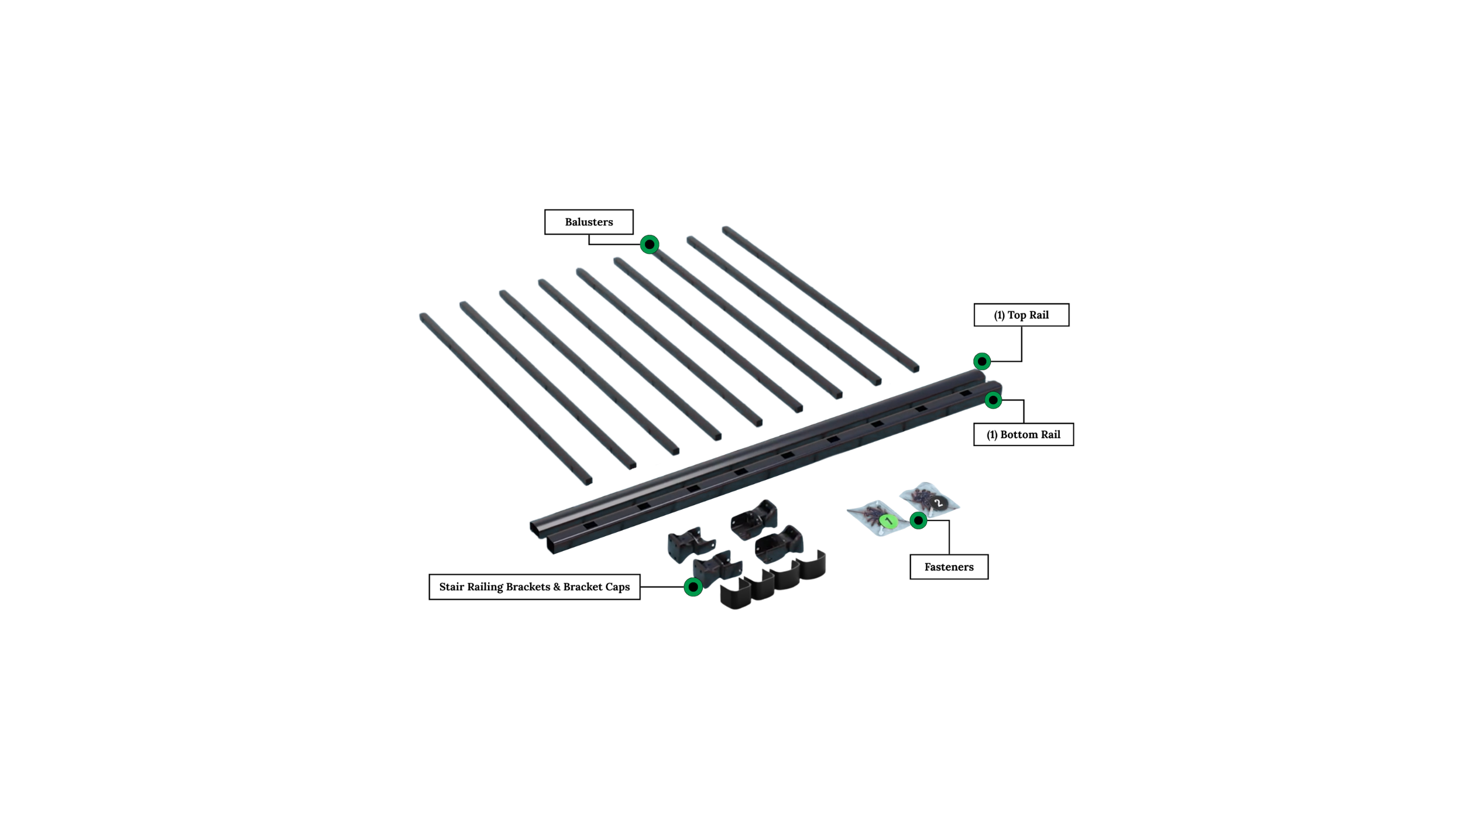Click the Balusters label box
(589, 222)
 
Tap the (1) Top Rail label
(1021, 315)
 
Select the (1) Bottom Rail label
(1024, 434)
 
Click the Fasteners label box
(949, 567)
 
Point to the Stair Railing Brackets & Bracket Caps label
(534, 587)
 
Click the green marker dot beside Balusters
(650, 244)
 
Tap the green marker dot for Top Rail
(982, 361)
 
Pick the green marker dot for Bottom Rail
(993, 400)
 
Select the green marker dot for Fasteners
(918, 520)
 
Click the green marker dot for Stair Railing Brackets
(693, 587)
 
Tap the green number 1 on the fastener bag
(888, 520)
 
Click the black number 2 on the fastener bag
(939, 503)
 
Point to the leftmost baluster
(506, 399)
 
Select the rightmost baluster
(820, 299)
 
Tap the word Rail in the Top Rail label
(1039, 315)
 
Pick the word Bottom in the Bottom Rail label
(1019, 434)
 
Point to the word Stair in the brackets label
(452, 587)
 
